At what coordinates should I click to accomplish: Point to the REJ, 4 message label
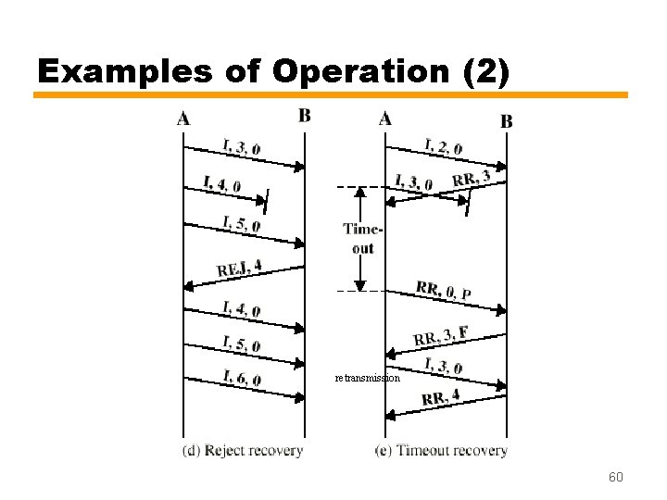click(x=239, y=269)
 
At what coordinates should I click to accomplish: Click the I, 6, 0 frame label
click(x=242, y=378)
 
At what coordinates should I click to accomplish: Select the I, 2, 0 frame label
click(x=444, y=144)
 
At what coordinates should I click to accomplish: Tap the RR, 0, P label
click(x=444, y=291)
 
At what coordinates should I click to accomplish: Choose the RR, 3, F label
click(x=440, y=335)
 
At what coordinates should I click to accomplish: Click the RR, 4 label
click(x=441, y=398)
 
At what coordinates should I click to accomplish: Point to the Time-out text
click(x=361, y=238)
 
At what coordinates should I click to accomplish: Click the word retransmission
click(x=368, y=378)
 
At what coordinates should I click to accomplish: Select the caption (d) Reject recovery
click(x=243, y=451)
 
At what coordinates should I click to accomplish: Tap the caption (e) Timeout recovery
click(x=442, y=451)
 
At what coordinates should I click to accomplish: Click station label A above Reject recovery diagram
click(x=183, y=118)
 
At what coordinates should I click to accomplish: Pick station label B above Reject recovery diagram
click(x=304, y=116)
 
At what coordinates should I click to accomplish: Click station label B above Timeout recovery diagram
click(x=506, y=120)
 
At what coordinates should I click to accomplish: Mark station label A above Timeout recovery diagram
click(x=384, y=118)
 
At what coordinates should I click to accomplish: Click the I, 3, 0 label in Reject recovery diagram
click(x=242, y=146)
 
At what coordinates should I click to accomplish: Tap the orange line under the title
click(x=331, y=94)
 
